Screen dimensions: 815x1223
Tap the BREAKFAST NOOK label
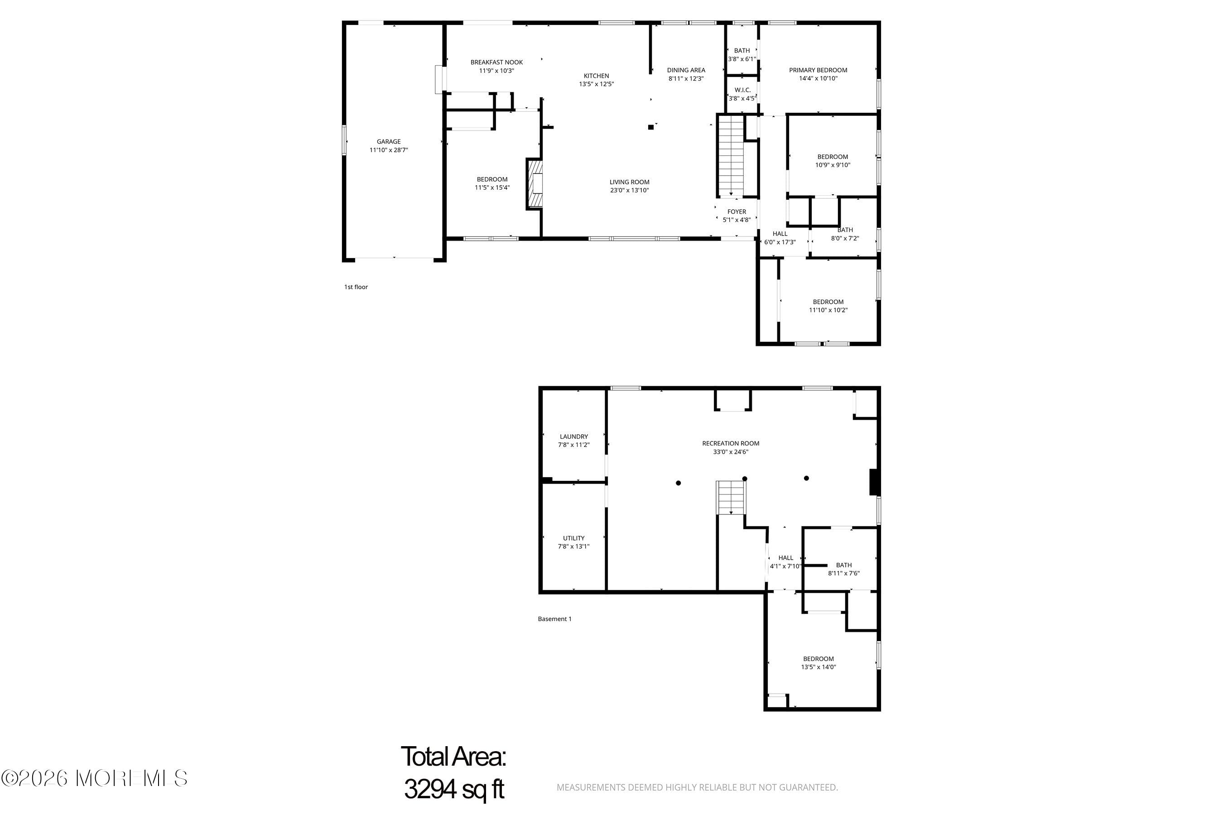(x=496, y=62)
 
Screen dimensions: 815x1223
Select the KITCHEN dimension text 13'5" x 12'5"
(x=597, y=84)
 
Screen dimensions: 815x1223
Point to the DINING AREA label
(x=686, y=70)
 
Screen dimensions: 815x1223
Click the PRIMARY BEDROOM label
(x=818, y=70)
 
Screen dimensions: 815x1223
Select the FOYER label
(x=737, y=211)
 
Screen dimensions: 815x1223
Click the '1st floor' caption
(x=356, y=287)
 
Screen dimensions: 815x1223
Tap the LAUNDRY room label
(x=573, y=436)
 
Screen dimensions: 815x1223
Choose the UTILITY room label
(x=573, y=538)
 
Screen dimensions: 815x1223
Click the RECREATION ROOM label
(x=731, y=443)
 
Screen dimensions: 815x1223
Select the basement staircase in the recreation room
(x=731, y=498)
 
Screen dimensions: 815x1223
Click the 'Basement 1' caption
(x=554, y=618)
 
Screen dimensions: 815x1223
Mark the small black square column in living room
(x=650, y=127)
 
